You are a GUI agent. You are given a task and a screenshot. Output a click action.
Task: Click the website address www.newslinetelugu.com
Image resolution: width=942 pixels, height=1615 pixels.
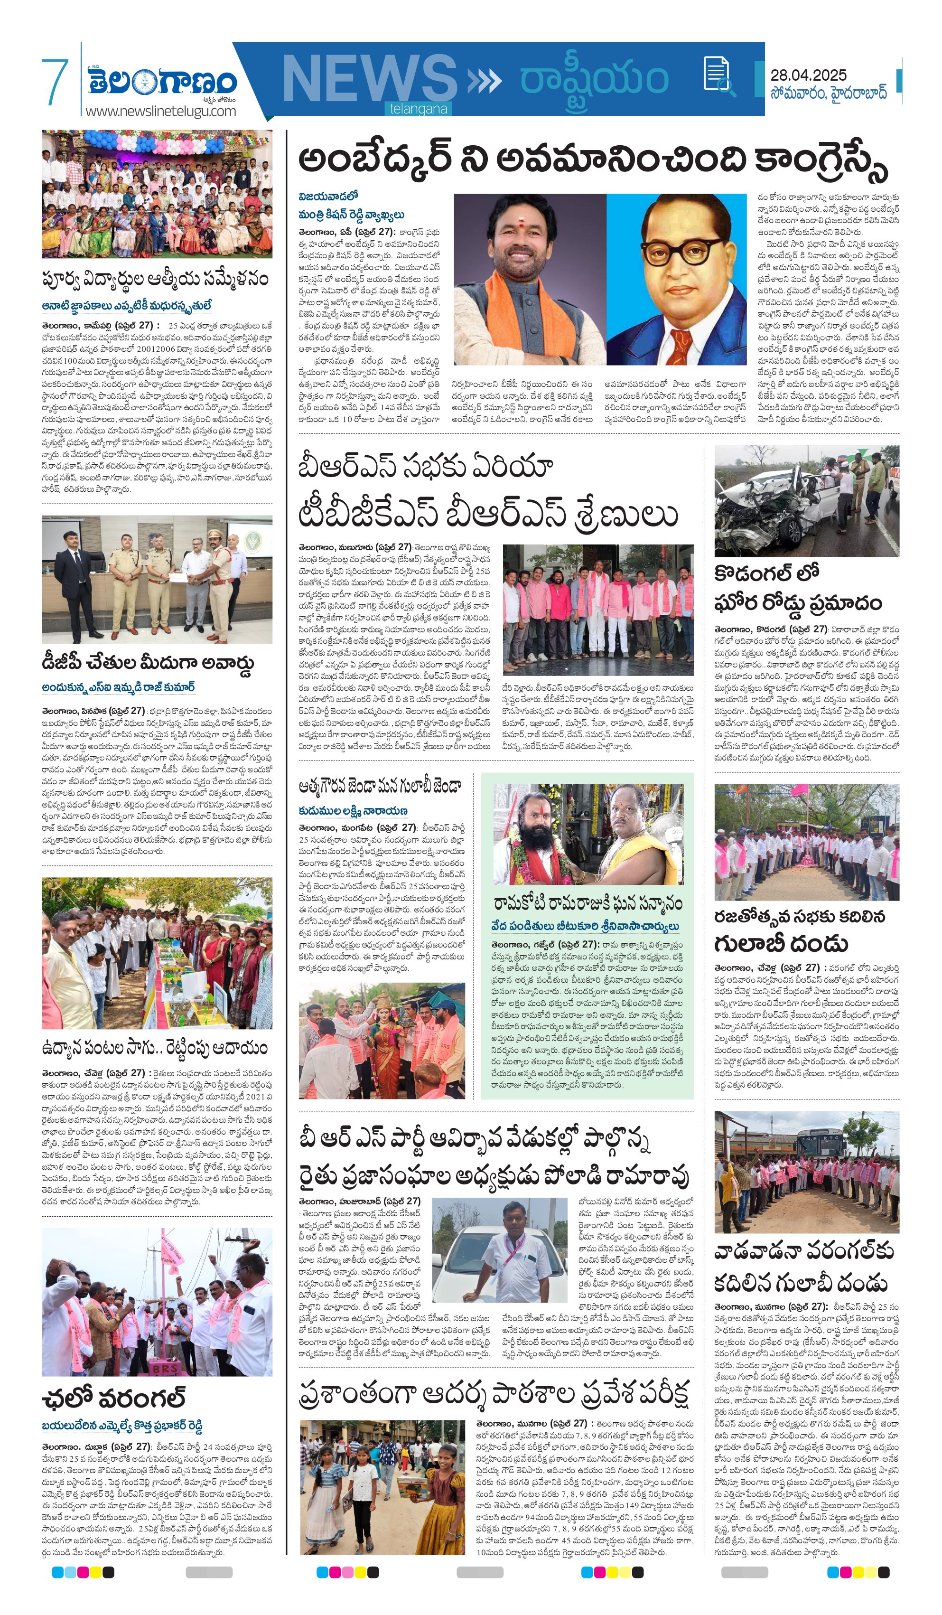click(x=161, y=111)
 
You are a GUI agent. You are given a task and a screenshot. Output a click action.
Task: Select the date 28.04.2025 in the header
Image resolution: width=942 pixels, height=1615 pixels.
click(x=808, y=75)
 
